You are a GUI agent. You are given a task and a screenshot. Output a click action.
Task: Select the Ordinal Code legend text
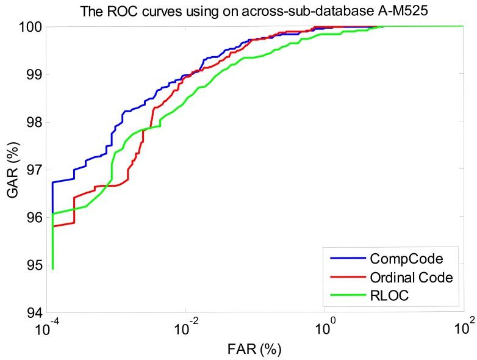[411, 278]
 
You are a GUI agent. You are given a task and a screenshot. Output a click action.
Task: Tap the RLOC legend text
[387, 297]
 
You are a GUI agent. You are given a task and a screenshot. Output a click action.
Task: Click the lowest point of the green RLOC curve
[53, 268]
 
